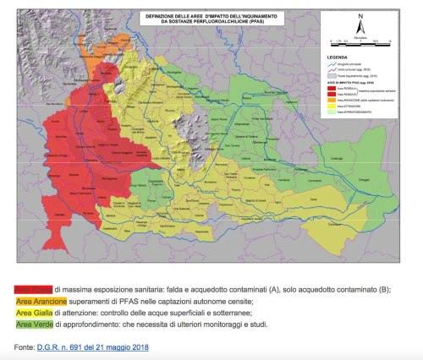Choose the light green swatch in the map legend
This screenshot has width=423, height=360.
click(x=330, y=111)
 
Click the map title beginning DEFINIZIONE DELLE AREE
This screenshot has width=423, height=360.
click(x=211, y=19)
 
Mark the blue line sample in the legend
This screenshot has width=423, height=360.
click(x=330, y=64)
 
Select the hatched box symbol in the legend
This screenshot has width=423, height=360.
click(x=330, y=75)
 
